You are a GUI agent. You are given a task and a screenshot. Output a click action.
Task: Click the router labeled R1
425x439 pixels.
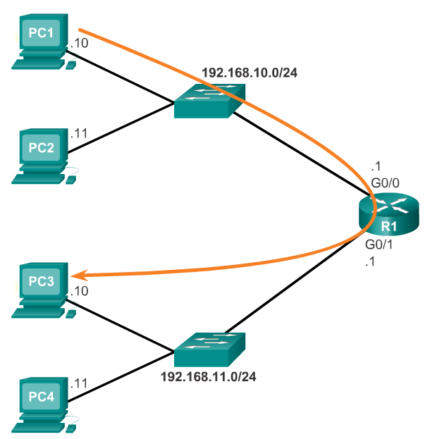pyautogui.click(x=388, y=214)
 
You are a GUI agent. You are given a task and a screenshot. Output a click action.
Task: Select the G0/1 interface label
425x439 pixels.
pyautogui.click(x=379, y=247)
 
